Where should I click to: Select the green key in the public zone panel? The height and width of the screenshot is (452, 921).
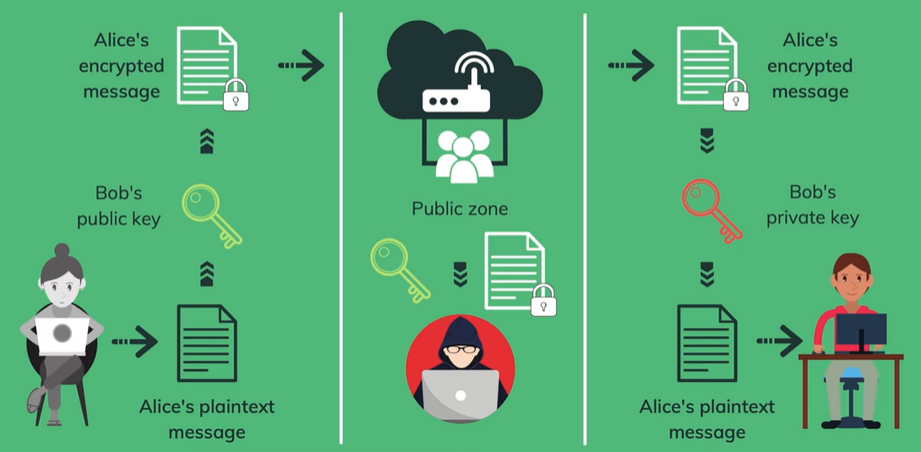click(x=399, y=269)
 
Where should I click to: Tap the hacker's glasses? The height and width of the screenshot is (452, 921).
click(x=460, y=348)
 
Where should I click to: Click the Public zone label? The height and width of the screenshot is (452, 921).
click(x=460, y=208)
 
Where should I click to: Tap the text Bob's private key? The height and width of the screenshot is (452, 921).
click(x=812, y=205)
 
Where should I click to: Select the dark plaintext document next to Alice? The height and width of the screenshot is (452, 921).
click(x=206, y=342)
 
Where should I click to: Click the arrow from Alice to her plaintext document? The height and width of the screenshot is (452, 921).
click(x=134, y=342)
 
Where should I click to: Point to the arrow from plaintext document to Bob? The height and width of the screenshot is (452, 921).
click(x=778, y=341)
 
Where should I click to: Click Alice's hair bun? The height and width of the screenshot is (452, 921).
click(x=62, y=251)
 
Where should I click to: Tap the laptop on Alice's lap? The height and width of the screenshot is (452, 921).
click(x=62, y=335)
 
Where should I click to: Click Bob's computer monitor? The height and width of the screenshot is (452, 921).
click(x=861, y=330)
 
